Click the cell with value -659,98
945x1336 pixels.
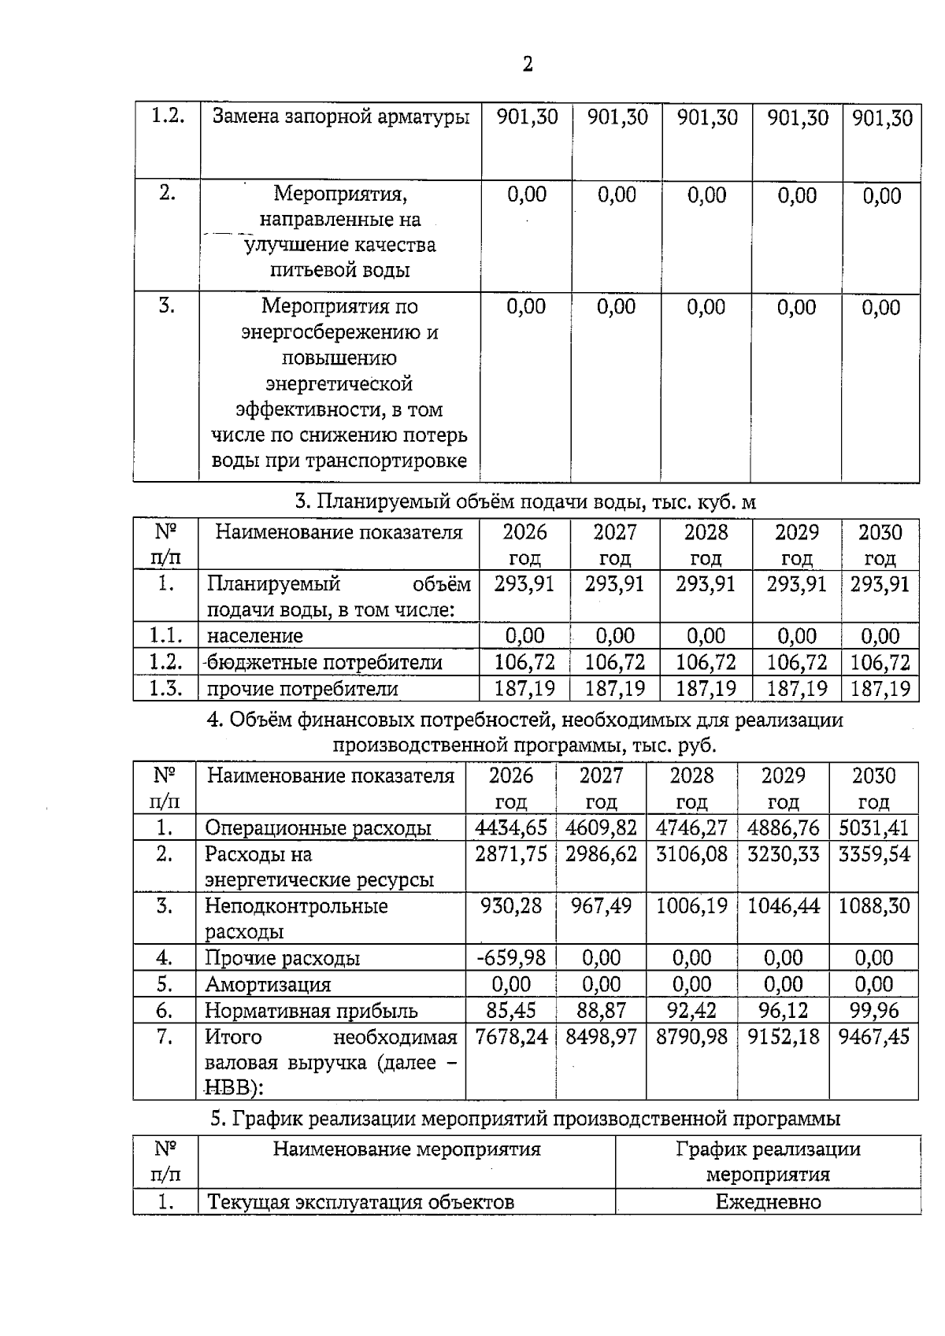pos(511,958)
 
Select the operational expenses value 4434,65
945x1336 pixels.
pos(511,827)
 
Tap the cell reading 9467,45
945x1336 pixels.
pos(873,1037)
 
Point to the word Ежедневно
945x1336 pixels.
pos(768,1202)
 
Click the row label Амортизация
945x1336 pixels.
pos(268,985)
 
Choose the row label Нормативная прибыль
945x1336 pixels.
pos(311,1011)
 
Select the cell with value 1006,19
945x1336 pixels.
pos(691,905)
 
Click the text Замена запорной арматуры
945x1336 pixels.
pos(341,117)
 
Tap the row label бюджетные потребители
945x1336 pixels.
pos(324,662)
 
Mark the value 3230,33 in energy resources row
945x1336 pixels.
pos(783,854)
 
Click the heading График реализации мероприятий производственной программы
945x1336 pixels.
pos(525,1119)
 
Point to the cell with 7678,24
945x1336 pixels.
pos(511,1037)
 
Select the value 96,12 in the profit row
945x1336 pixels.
pos(783,1011)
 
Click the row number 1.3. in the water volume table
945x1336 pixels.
pos(166,689)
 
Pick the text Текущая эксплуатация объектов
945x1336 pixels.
pos(360,1202)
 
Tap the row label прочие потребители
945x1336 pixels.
pos(302,689)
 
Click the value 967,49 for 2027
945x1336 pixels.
pos(601,905)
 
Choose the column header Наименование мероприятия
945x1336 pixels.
pos(406,1149)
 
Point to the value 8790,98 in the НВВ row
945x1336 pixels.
pos(691,1037)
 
